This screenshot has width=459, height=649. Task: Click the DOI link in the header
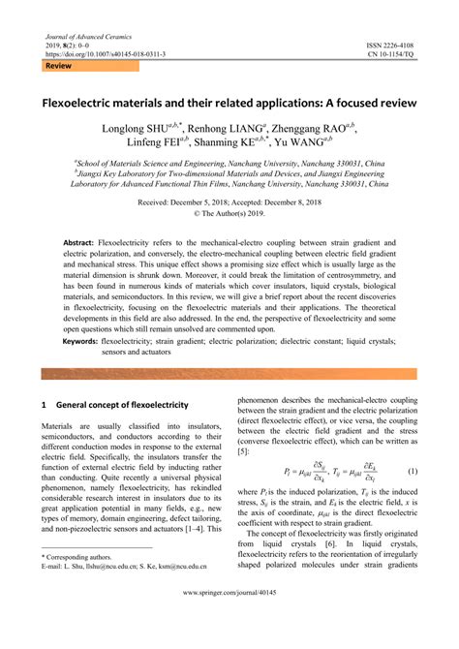(105, 54)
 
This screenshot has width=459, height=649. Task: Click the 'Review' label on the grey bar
(59, 67)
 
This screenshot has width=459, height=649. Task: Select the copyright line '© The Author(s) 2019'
(229, 215)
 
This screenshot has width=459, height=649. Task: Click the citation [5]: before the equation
(244, 451)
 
